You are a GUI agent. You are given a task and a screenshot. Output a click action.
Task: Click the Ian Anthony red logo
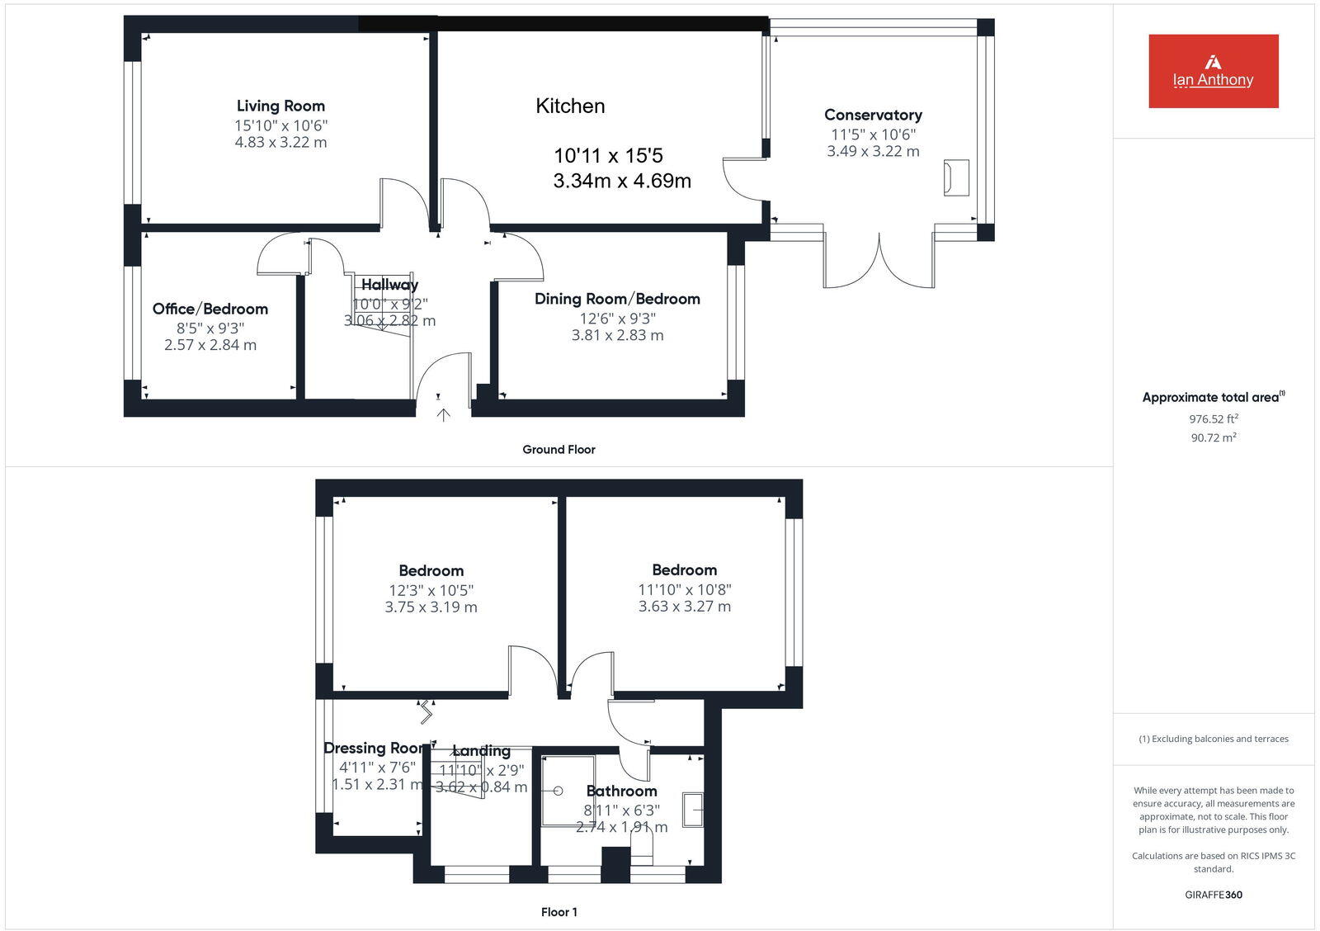(x=1213, y=71)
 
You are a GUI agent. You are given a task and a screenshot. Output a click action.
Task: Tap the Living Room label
(x=280, y=106)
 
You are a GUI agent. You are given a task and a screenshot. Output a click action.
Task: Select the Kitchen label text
(x=570, y=106)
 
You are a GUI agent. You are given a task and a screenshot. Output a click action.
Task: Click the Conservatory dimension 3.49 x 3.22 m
(x=873, y=151)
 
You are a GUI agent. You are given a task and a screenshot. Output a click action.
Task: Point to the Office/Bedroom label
(x=210, y=309)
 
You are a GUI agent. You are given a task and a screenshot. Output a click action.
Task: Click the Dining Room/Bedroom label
(x=617, y=299)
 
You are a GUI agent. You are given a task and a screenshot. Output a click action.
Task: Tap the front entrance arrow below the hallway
(x=443, y=415)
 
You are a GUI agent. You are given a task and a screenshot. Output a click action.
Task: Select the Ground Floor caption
(x=559, y=450)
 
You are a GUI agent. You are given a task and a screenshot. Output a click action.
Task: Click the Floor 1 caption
(x=559, y=912)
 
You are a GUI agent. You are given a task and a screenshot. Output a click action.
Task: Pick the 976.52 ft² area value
(x=1213, y=419)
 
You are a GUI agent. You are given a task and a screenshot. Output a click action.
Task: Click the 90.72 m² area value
(x=1213, y=438)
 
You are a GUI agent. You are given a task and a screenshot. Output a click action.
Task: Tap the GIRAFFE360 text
(x=1213, y=895)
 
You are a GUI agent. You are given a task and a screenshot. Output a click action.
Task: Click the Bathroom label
(x=621, y=791)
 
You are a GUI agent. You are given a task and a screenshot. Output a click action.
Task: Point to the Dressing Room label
(x=376, y=748)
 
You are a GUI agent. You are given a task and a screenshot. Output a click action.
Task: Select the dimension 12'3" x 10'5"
(x=431, y=590)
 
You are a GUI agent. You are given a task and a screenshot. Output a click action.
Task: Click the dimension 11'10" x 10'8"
(x=684, y=589)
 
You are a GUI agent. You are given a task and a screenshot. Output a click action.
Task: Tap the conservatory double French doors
(x=879, y=262)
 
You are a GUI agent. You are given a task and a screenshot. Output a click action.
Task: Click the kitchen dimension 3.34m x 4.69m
(x=622, y=181)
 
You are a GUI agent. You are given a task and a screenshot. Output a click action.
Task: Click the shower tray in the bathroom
(x=568, y=790)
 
